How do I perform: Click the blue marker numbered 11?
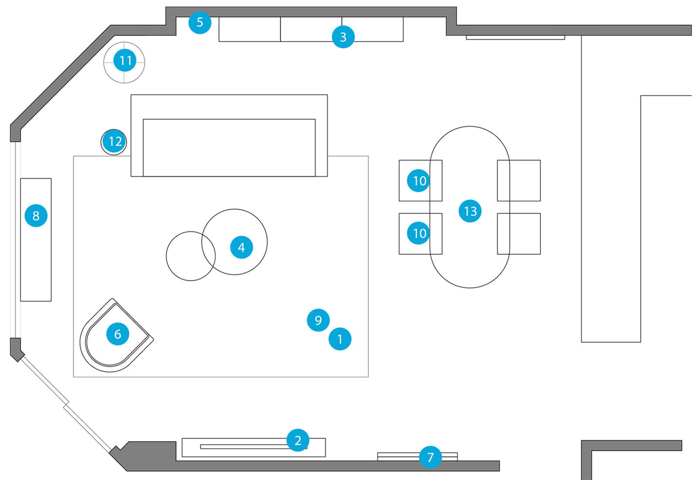click(x=125, y=61)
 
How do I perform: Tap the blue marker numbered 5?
click(x=200, y=23)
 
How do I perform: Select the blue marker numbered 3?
click(x=343, y=37)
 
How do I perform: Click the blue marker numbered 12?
click(x=114, y=141)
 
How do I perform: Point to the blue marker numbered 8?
click(x=36, y=215)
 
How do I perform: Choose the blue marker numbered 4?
click(x=241, y=248)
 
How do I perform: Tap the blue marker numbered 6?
click(x=117, y=334)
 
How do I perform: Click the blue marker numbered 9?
click(x=318, y=320)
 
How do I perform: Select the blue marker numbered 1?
click(x=340, y=339)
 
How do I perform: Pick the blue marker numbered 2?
click(x=298, y=440)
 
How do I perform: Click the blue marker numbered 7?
click(x=430, y=457)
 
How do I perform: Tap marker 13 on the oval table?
click(x=470, y=211)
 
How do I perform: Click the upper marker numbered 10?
click(x=419, y=180)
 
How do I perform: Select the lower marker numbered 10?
click(x=419, y=233)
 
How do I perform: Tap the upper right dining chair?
click(x=523, y=180)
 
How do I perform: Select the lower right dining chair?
click(x=523, y=234)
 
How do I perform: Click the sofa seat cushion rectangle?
click(x=229, y=147)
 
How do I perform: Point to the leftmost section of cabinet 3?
click(x=250, y=29)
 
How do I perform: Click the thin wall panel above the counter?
click(x=515, y=38)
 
